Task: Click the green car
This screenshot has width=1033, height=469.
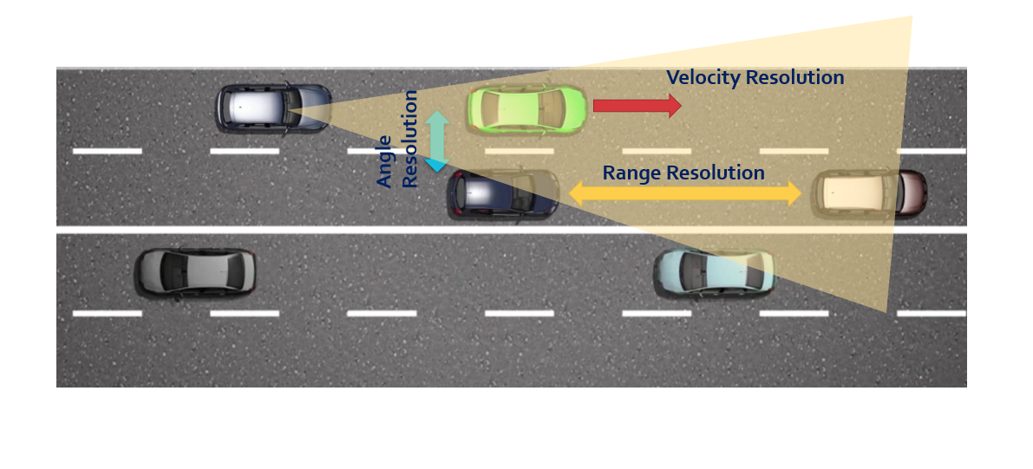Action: pos(526,108)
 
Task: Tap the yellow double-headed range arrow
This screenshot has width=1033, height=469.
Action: pos(684,194)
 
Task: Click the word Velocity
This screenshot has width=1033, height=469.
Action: pos(703,77)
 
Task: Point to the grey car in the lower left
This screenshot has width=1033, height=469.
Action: pos(195,271)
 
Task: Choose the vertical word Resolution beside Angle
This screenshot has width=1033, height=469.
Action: pos(410,138)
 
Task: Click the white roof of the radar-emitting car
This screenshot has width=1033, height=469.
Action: pos(255,107)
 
